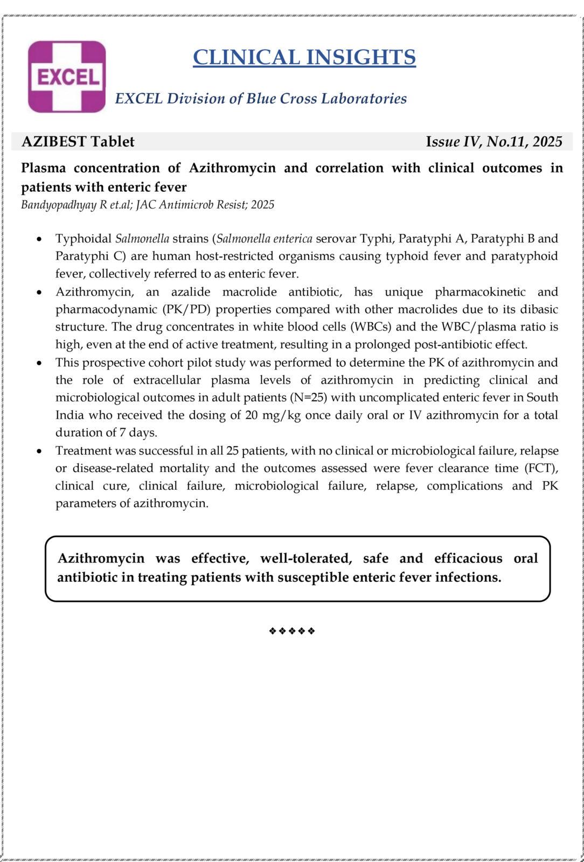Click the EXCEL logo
(67, 77)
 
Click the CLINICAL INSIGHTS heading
(304, 57)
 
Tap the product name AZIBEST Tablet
(78, 142)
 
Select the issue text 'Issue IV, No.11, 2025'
(493, 142)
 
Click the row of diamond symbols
(291, 631)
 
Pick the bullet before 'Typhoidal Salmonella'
(39, 239)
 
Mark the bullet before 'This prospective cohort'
(39, 363)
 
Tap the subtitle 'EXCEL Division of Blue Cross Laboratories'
(261, 99)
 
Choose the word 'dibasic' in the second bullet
(538, 309)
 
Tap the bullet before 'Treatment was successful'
(39, 451)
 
